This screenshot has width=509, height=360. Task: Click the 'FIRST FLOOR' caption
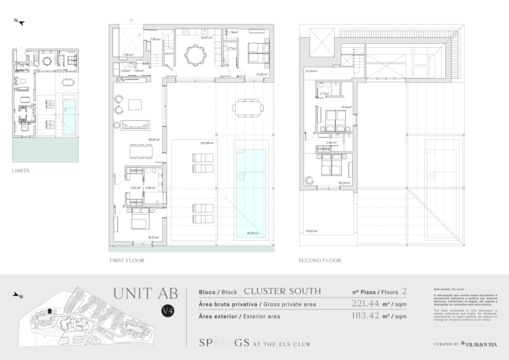tap(127, 261)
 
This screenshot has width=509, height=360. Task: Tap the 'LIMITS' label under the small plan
tap(21, 170)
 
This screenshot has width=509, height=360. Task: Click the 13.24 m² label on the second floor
tap(310, 71)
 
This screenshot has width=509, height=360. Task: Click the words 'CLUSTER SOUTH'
tap(282, 291)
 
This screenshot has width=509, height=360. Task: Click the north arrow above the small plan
tap(20, 23)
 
